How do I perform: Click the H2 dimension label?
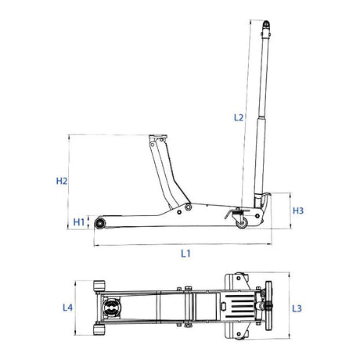point(63,181)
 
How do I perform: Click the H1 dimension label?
point(79,223)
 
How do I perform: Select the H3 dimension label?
point(298,211)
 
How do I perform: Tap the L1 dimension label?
point(186,253)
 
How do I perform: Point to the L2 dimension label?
point(239,118)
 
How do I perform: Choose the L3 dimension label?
point(297,308)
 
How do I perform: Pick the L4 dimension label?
point(68,308)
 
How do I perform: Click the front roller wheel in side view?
point(101,224)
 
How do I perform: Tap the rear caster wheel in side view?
point(242,223)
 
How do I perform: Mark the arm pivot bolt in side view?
point(188,208)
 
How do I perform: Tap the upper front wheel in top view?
point(99,285)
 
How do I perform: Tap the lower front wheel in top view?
point(99,332)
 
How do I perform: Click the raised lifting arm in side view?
point(163,176)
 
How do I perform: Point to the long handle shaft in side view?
point(263,117)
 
